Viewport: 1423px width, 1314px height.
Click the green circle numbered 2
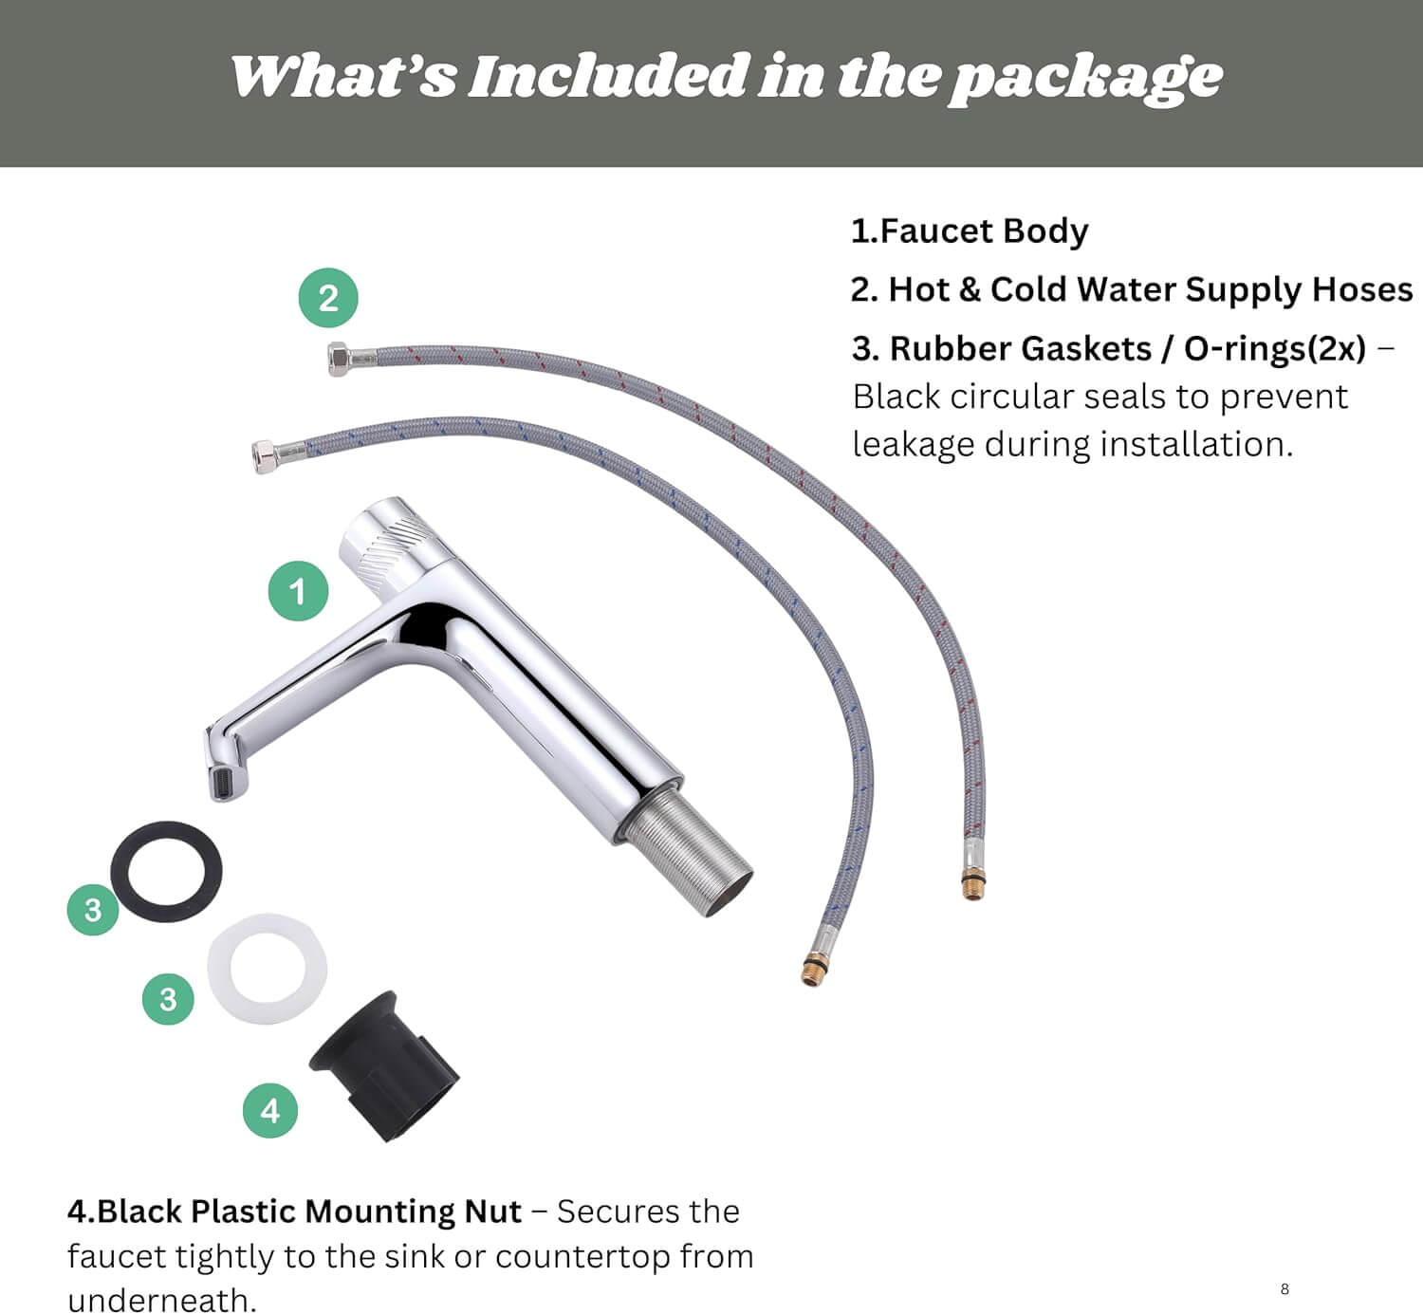coord(328,298)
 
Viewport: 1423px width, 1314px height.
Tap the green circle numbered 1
coord(298,591)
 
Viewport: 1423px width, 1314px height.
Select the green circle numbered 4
coord(270,1110)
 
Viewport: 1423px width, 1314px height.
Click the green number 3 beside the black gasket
coord(92,910)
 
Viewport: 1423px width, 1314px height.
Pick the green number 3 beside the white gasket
coord(168,999)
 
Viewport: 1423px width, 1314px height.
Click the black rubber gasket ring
coord(121,872)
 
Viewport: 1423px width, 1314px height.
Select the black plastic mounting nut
coord(385,1065)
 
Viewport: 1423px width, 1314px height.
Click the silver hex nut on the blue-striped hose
coord(265,456)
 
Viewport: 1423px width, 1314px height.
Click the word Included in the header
coord(607,76)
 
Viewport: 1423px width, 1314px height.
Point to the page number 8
coord(1284,1289)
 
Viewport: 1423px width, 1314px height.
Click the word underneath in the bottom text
coord(162,1300)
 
